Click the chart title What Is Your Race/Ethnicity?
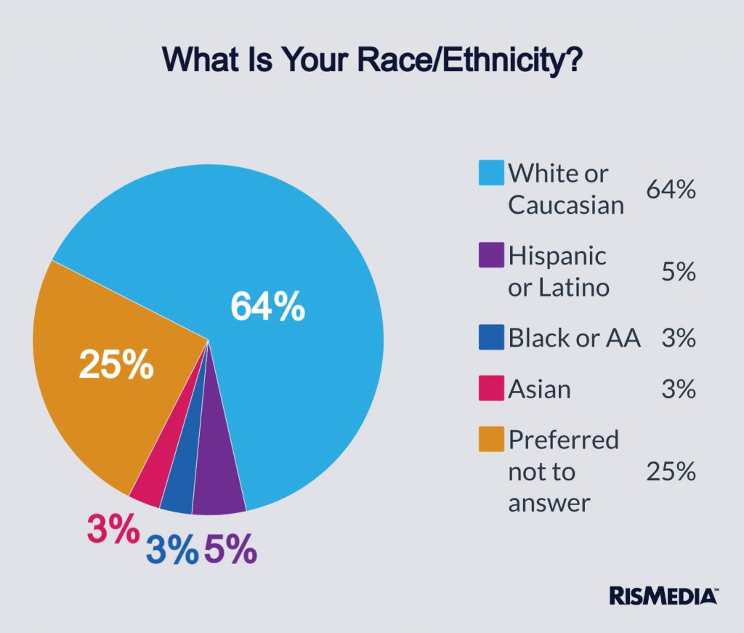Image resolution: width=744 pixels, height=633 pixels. click(x=371, y=59)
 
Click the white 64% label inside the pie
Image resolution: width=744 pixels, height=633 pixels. click(x=267, y=307)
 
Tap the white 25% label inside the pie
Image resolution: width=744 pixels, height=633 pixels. click(x=116, y=365)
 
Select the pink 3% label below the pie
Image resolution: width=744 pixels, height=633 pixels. click(x=113, y=528)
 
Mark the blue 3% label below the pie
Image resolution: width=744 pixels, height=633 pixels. click(x=172, y=549)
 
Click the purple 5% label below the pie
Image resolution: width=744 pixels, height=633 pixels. click(x=230, y=549)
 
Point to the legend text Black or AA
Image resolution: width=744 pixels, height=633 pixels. click(x=574, y=338)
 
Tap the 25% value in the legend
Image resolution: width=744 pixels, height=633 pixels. click(x=671, y=472)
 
